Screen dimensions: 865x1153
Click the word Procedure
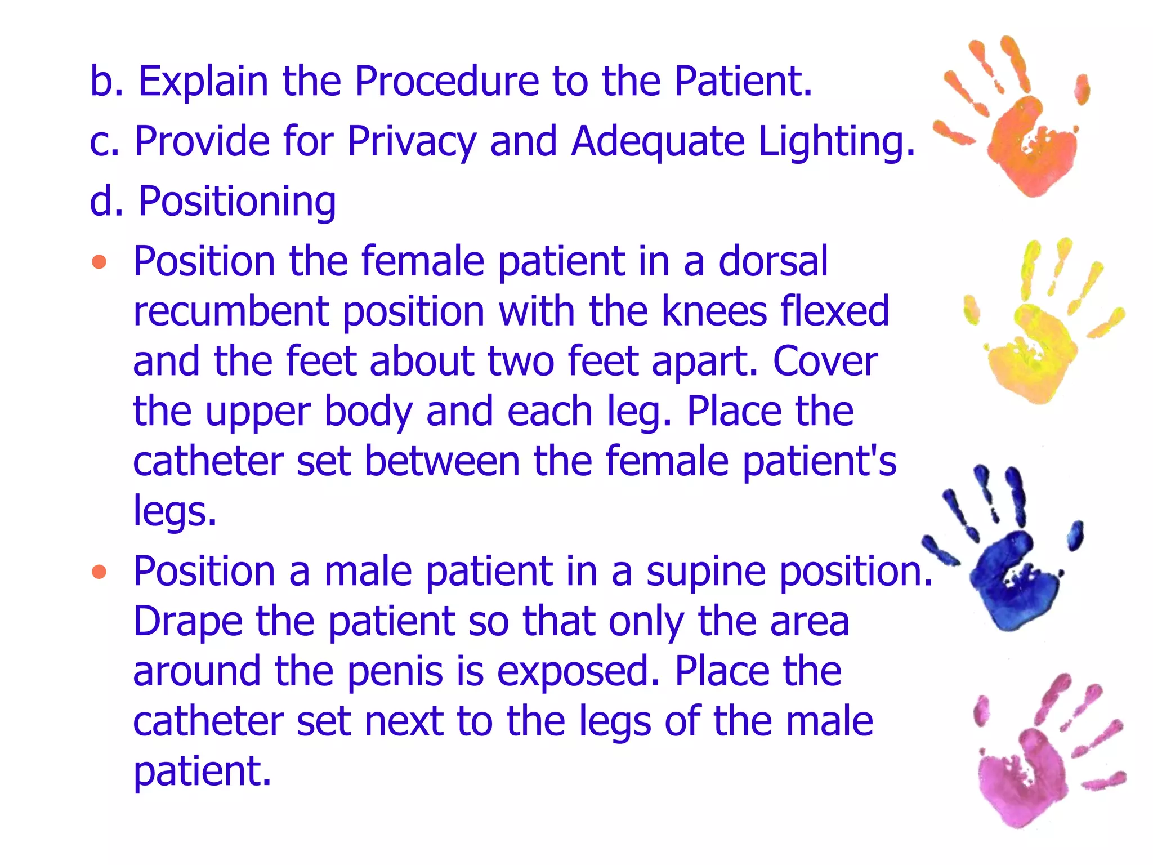(447, 82)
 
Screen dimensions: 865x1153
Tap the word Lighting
(837, 141)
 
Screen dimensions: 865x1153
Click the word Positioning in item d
(237, 201)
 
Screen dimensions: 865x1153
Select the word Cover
(825, 361)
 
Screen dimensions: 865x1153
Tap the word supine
(706, 572)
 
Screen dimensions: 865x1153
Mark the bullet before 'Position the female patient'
(99, 262)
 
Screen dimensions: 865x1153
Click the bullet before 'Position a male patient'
(99, 572)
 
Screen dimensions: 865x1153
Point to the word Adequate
(658, 141)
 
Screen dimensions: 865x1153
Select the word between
(443, 461)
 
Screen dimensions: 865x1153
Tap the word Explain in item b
(203, 82)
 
